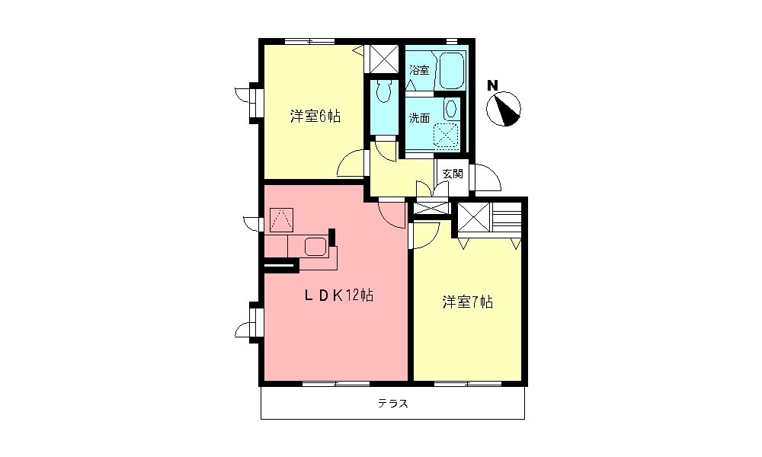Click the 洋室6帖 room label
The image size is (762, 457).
click(314, 117)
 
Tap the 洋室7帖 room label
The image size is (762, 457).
click(468, 302)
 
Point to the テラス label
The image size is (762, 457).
click(392, 404)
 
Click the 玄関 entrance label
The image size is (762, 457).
click(453, 173)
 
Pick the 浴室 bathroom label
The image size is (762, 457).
click(419, 70)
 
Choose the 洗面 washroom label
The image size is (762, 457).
click(419, 118)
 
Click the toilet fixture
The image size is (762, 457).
click(384, 91)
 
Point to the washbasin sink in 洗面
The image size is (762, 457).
click(452, 108)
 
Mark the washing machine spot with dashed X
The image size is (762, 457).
click(446, 135)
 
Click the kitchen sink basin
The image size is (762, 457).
click(315, 246)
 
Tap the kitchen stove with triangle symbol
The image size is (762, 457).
click(282, 221)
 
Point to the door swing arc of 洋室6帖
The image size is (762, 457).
click(351, 164)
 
